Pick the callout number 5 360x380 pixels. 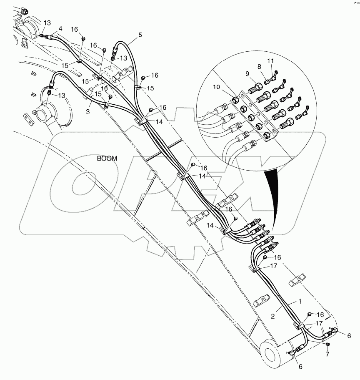140,35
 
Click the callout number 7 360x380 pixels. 327,354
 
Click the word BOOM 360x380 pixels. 107,159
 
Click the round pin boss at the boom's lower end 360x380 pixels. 270,353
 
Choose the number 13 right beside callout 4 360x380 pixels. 47,23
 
